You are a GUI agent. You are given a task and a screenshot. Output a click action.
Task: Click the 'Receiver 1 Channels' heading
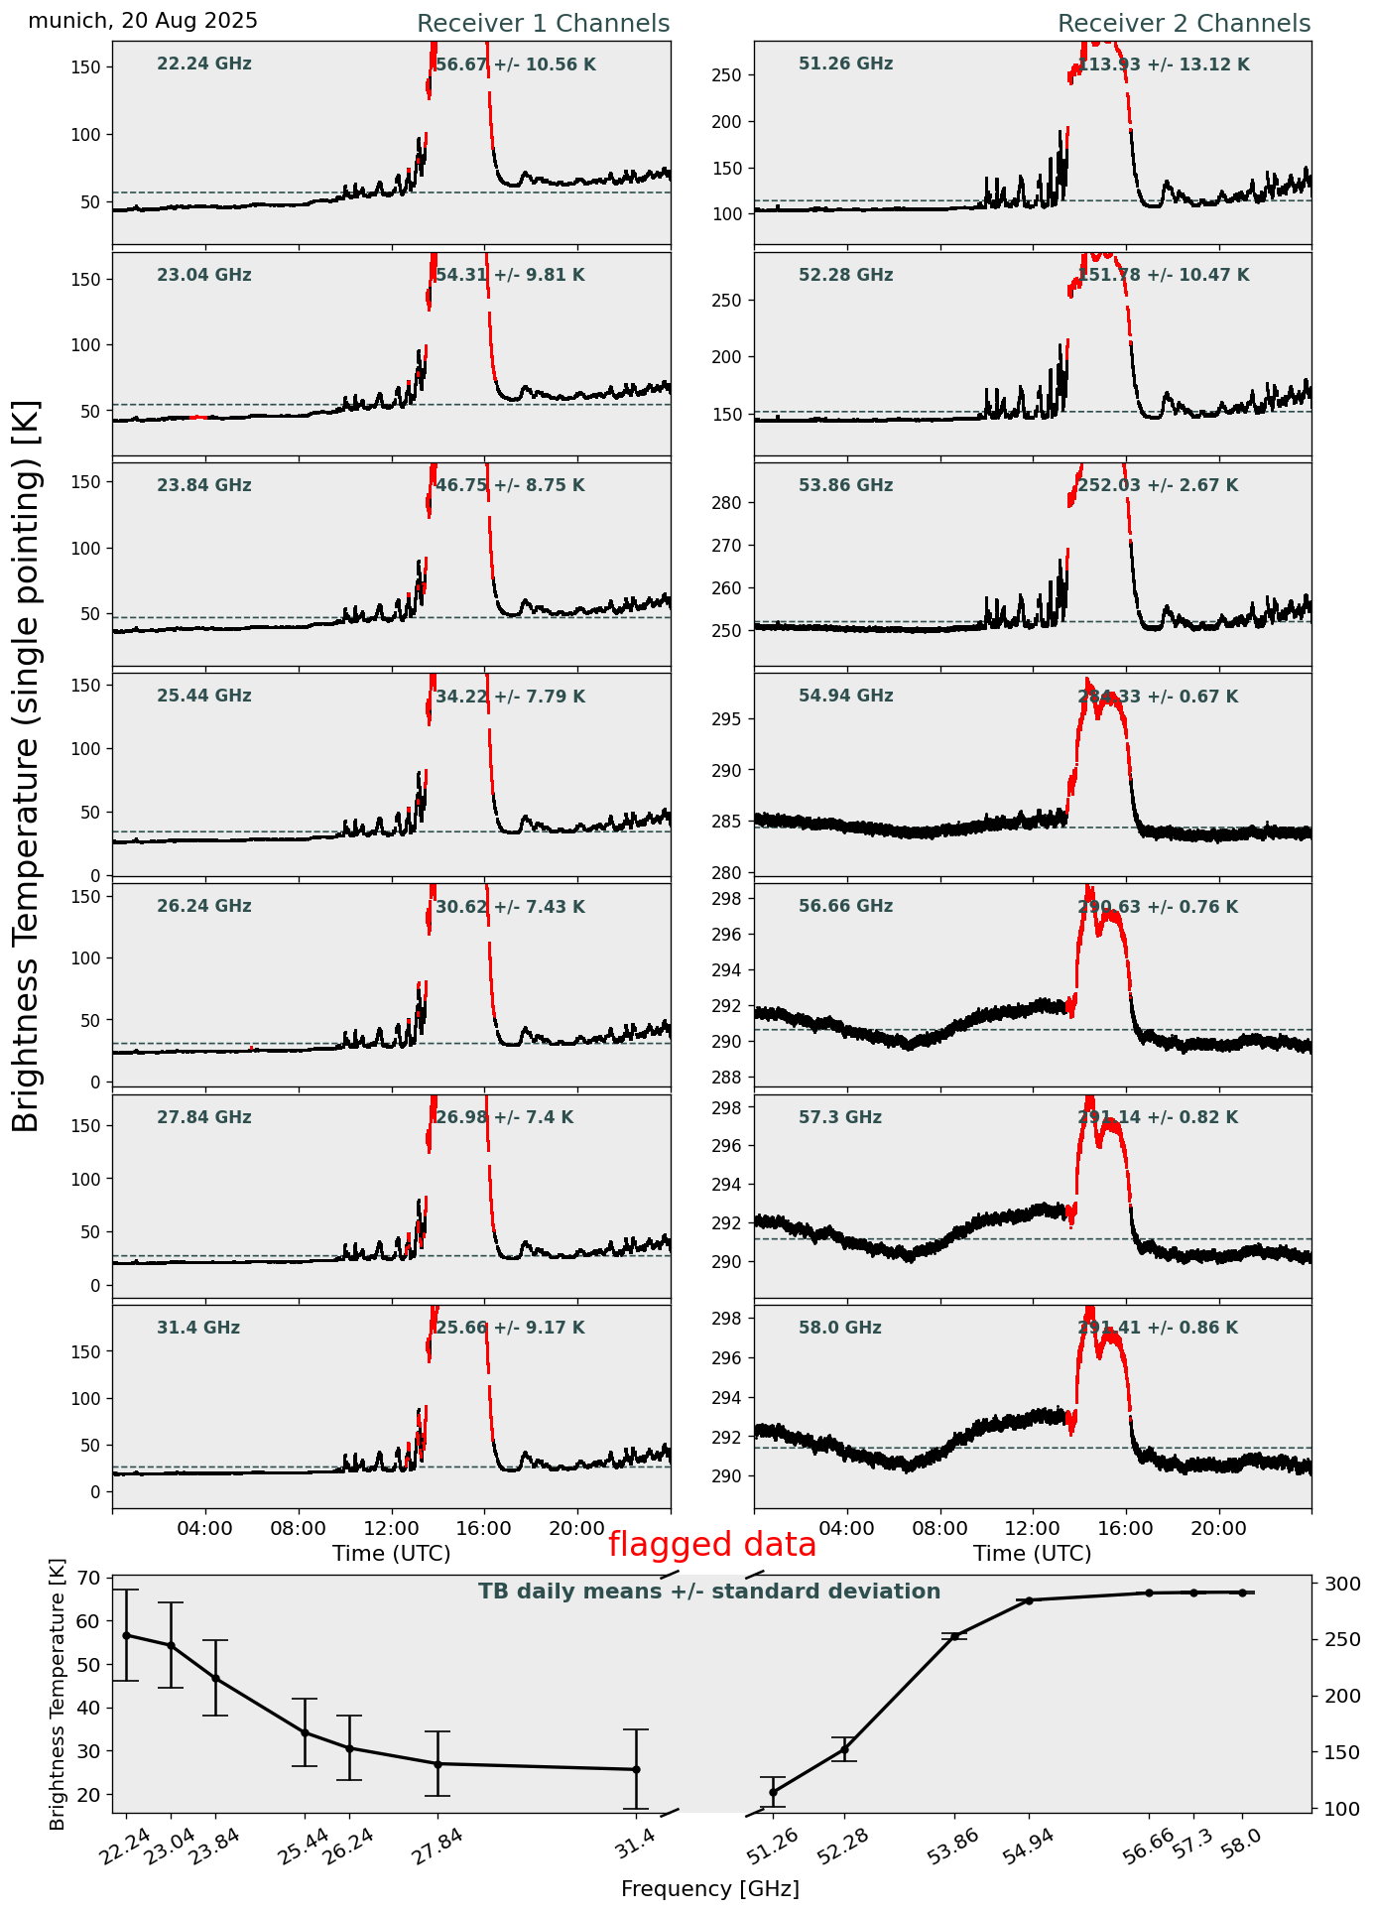tap(543, 24)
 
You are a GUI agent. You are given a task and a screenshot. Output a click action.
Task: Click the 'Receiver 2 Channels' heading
tap(1184, 24)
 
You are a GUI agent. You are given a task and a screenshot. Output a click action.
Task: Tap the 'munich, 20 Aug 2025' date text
tap(143, 21)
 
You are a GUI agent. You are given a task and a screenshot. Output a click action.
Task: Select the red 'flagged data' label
tap(711, 1545)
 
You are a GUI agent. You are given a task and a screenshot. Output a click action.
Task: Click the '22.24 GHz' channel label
tap(204, 64)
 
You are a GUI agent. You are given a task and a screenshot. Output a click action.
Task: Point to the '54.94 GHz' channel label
tap(845, 697)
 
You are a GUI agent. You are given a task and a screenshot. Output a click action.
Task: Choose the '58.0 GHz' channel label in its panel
tap(839, 1328)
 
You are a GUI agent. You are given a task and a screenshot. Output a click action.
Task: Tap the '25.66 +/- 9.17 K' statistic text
tap(510, 1328)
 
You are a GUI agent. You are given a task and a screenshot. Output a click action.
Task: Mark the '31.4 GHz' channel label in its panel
tap(198, 1328)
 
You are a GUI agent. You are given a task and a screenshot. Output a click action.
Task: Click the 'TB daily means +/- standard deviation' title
tap(709, 1592)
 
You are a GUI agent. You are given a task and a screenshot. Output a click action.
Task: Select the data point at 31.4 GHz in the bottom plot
tap(636, 1769)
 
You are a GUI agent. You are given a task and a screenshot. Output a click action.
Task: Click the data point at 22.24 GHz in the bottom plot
tap(126, 1635)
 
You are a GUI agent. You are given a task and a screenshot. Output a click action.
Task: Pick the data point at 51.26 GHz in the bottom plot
tap(774, 1792)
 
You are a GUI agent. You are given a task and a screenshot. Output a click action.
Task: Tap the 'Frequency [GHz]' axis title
tap(709, 1888)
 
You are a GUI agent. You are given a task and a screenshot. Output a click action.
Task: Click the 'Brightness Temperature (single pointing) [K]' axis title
tap(26, 766)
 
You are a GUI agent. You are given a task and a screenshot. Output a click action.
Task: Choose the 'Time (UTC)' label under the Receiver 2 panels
tap(1032, 1553)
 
